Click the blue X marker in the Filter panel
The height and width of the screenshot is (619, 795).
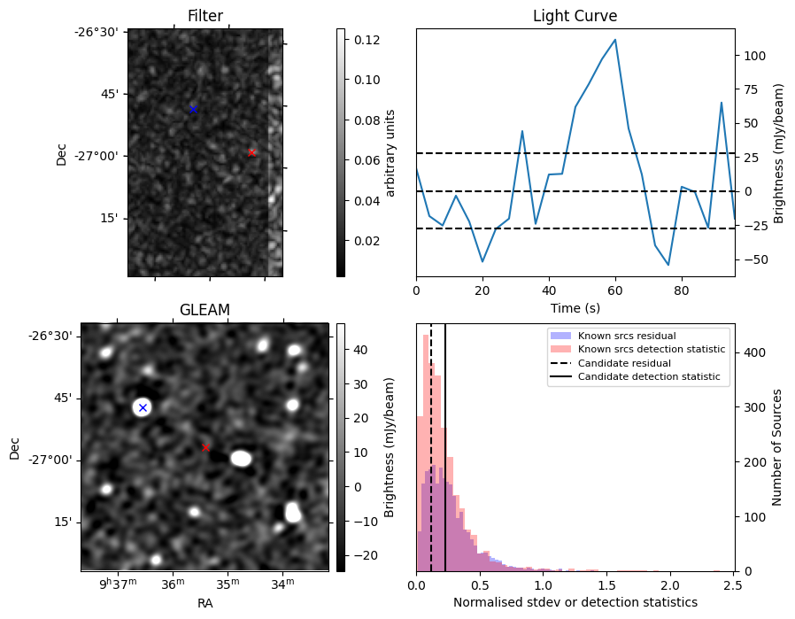click(x=193, y=109)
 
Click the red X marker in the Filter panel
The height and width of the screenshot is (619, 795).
click(x=251, y=152)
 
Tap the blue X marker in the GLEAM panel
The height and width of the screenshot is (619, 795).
click(x=143, y=407)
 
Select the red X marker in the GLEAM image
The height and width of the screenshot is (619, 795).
click(x=206, y=447)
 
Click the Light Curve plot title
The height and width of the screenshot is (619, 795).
click(x=575, y=16)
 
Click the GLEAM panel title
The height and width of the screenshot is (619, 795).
click(x=205, y=309)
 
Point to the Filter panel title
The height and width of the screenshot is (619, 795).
click(x=205, y=16)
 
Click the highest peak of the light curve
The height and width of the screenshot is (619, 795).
click(x=615, y=40)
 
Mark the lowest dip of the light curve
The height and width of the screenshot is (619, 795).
click(x=668, y=265)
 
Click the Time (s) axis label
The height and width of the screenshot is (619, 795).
click(x=575, y=308)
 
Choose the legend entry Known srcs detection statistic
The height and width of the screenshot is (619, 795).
click(x=651, y=349)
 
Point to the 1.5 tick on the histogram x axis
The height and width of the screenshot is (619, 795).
click(x=606, y=585)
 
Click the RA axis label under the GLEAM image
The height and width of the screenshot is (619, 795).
click(x=205, y=603)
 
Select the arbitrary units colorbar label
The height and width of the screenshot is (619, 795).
click(x=390, y=152)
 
